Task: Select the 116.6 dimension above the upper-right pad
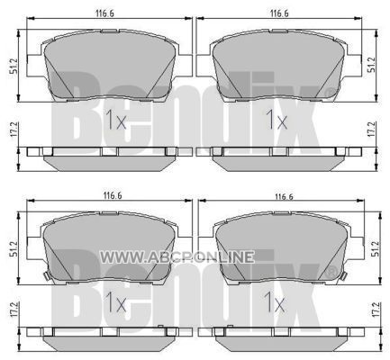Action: (x=279, y=13)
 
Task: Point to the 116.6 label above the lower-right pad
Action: (x=284, y=197)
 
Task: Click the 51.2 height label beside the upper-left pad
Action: (x=14, y=66)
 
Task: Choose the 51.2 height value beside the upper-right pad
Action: (x=372, y=65)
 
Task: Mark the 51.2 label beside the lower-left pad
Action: (x=14, y=248)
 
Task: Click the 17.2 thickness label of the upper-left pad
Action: (x=14, y=130)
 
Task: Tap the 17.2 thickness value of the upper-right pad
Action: (x=371, y=130)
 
